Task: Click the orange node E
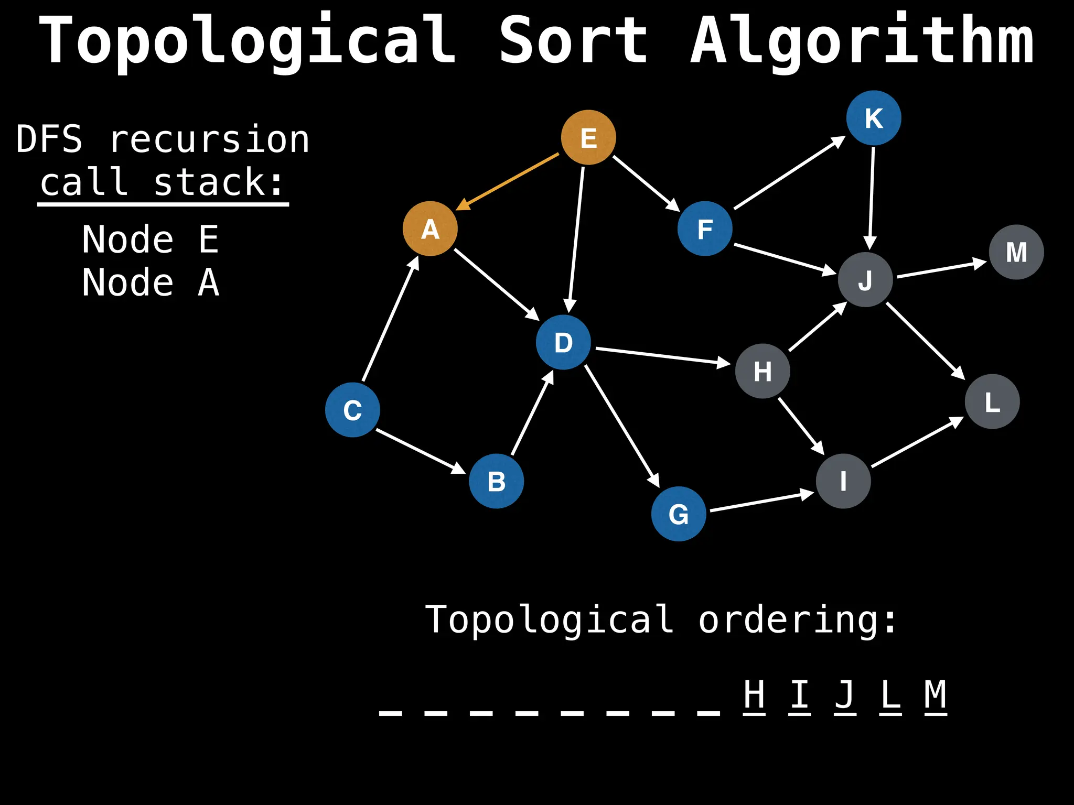pyautogui.click(x=588, y=137)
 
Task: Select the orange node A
pyautogui.click(x=430, y=229)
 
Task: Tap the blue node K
pyautogui.click(x=874, y=118)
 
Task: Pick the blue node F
pyautogui.click(x=705, y=229)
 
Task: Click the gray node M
pyautogui.click(x=1016, y=252)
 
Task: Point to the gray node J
pyautogui.click(x=865, y=279)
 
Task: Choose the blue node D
pyautogui.click(x=563, y=342)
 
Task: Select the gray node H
pyautogui.click(x=762, y=371)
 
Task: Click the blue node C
pyautogui.click(x=352, y=410)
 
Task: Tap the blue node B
pyautogui.click(x=496, y=481)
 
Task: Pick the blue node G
pyautogui.click(x=679, y=514)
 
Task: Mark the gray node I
pyautogui.click(x=843, y=481)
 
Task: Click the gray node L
pyautogui.click(x=992, y=401)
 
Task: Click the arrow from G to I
pyautogui.click(x=760, y=502)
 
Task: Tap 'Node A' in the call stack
pyautogui.click(x=151, y=283)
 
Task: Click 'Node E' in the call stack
pyautogui.click(x=151, y=240)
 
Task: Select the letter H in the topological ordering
pyautogui.click(x=754, y=695)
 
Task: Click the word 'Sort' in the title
pyautogui.click(x=573, y=41)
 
